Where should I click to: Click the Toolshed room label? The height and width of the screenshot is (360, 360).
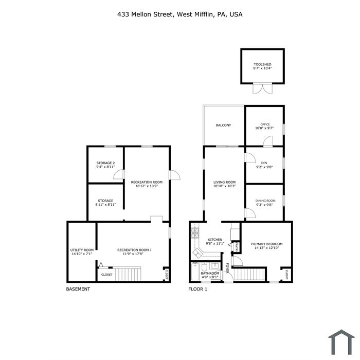tap(262, 64)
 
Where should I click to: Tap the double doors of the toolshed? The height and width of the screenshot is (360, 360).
tap(263, 89)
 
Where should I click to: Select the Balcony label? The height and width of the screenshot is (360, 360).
tap(223, 125)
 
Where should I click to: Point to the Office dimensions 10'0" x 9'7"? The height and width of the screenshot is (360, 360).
tap(264, 128)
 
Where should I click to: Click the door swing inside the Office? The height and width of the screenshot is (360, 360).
tap(268, 141)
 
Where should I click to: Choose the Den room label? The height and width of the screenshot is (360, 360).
tap(264, 163)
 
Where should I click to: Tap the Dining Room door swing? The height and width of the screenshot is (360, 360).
tap(250, 213)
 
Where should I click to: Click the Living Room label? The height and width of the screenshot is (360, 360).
tap(225, 182)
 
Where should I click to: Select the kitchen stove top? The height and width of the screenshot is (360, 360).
tap(195, 232)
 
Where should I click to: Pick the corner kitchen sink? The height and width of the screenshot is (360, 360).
tap(197, 253)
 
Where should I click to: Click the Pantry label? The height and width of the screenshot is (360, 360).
tap(236, 247)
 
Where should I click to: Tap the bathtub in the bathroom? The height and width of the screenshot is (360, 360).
tap(195, 272)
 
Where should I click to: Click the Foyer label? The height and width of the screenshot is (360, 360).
tap(227, 268)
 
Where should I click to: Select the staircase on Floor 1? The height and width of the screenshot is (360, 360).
tap(248, 274)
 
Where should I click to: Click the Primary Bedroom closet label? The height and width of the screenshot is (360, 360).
tap(287, 274)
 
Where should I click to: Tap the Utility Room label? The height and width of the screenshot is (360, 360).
tap(82, 250)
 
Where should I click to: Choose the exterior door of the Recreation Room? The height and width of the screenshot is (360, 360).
tap(174, 175)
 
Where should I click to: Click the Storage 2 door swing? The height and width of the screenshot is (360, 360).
tap(119, 174)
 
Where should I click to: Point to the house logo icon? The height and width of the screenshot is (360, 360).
tap(341, 342)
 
